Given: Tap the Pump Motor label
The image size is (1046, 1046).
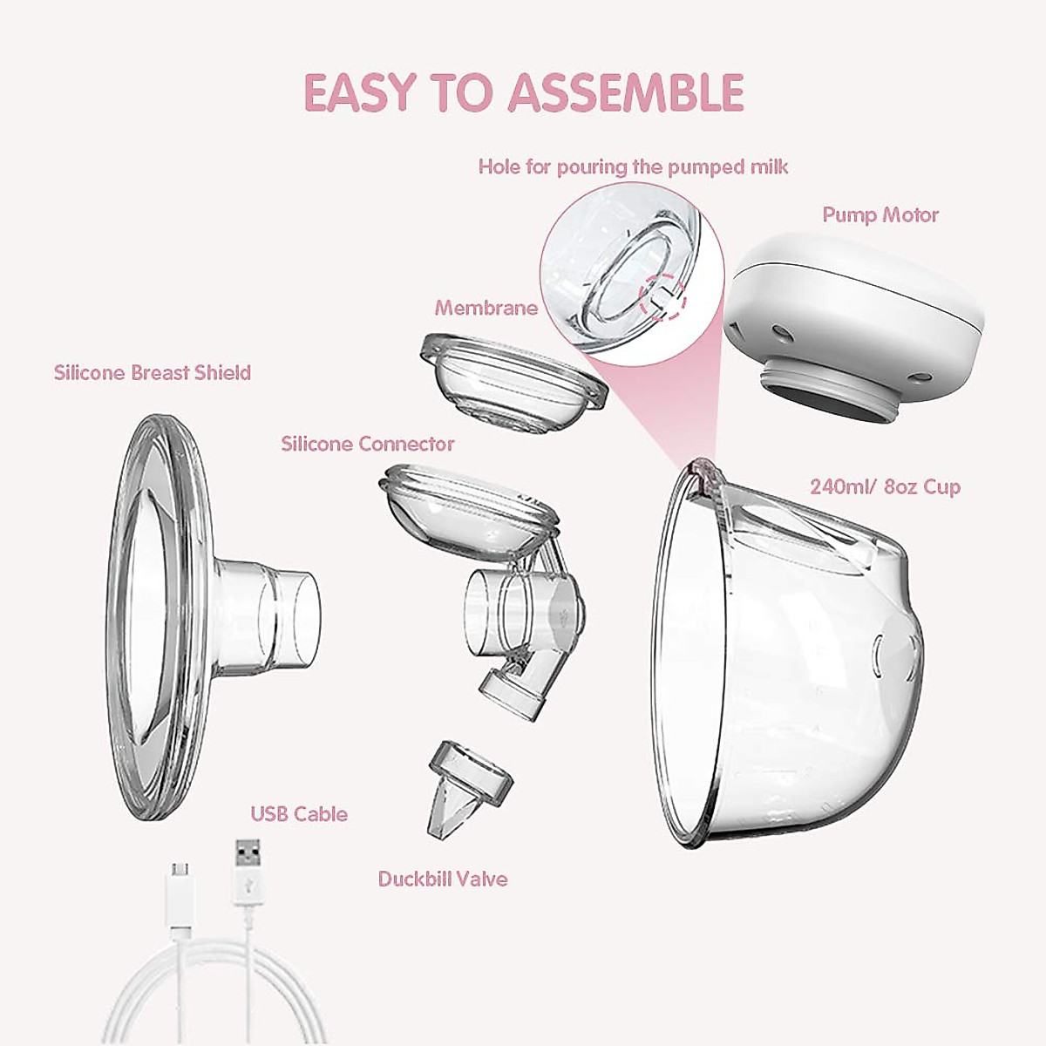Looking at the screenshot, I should click(880, 214).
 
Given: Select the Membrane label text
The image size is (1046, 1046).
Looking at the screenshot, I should click(486, 308).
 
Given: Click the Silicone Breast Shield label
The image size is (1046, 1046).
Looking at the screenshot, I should click(153, 373).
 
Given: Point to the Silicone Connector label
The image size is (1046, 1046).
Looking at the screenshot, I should click(367, 444).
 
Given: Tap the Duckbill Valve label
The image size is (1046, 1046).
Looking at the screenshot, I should click(442, 879).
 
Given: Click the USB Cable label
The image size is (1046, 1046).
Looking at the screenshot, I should click(299, 814).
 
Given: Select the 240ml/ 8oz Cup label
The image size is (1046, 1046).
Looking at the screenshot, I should click(885, 486).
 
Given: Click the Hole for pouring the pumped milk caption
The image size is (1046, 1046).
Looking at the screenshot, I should click(633, 166).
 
